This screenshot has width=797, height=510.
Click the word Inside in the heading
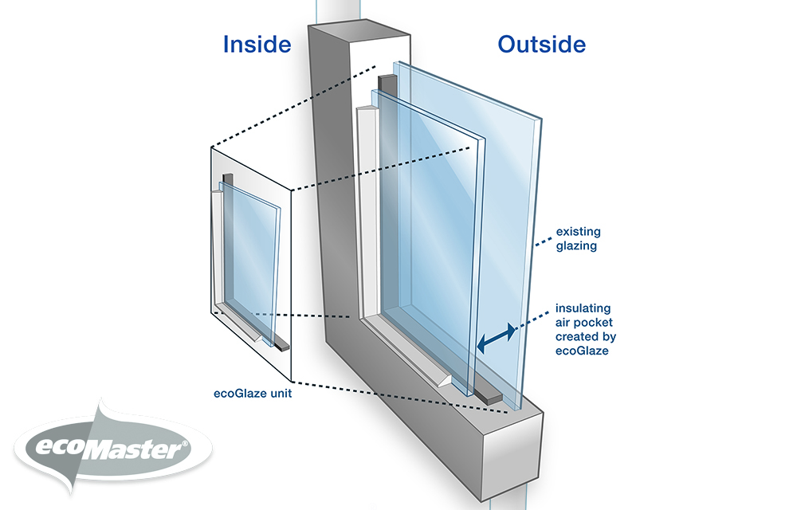(x=257, y=45)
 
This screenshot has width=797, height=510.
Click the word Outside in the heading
(x=542, y=45)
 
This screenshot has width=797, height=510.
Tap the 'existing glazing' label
(x=579, y=239)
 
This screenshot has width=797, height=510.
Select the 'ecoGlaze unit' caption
(x=253, y=393)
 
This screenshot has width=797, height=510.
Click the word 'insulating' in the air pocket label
(x=583, y=308)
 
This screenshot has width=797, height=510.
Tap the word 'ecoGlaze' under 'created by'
(x=582, y=351)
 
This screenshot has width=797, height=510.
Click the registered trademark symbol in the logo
(x=185, y=443)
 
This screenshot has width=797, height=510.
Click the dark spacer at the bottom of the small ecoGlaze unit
(x=281, y=345)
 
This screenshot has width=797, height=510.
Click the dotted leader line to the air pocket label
(x=534, y=319)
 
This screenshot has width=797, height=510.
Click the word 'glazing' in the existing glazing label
(x=576, y=246)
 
